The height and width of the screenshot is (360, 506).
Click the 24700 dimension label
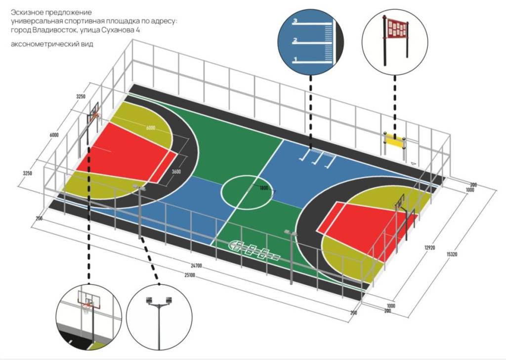196,266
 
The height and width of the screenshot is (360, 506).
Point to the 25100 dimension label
190,275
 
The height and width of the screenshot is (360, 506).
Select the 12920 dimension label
430,248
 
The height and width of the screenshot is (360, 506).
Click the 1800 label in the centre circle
264,188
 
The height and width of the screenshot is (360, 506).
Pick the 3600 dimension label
176,172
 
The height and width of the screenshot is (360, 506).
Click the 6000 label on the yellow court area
151,128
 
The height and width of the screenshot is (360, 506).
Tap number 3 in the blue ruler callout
295,21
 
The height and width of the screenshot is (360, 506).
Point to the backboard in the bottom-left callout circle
89,299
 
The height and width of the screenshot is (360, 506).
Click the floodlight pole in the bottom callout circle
159,323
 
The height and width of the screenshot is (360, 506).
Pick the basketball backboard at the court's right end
399,202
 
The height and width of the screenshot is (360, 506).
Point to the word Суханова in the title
118,30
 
